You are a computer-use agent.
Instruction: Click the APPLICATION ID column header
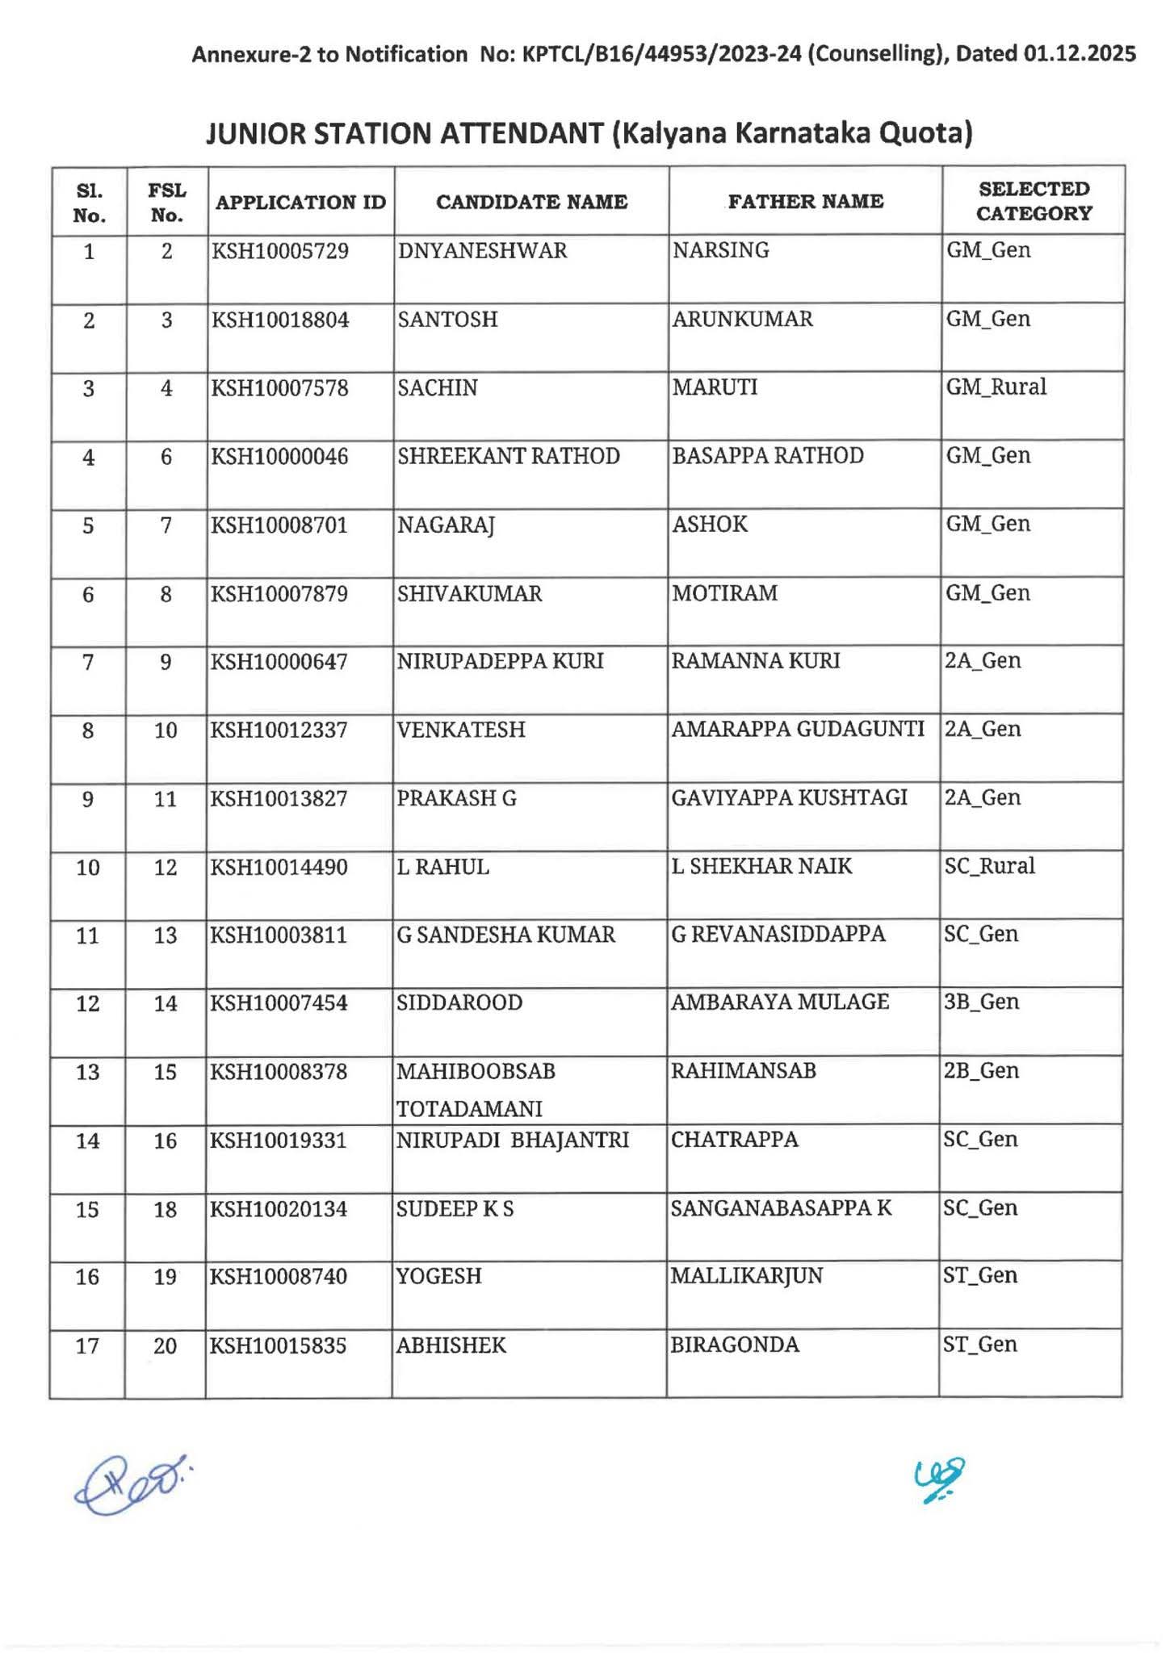[x=300, y=202]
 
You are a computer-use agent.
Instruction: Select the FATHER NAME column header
[x=805, y=202]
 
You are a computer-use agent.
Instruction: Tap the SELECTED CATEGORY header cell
[x=1034, y=201]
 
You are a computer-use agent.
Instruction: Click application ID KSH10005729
[x=280, y=251]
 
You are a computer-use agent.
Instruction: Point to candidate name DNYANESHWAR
[x=482, y=251]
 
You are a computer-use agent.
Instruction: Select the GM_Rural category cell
[x=996, y=387]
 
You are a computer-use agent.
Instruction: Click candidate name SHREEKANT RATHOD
[x=509, y=457]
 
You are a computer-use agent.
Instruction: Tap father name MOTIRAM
[x=725, y=593]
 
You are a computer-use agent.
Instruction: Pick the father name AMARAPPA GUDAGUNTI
[x=798, y=730]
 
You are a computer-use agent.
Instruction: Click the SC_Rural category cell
[x=990, y=866]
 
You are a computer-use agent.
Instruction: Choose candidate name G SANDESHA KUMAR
[x=506, y=935]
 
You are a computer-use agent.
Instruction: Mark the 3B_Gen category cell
[x=981, y=1002]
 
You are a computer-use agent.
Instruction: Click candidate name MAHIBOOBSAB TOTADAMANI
[x=476, y=1090]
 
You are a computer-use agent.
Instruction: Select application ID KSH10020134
[x=279, y=1209]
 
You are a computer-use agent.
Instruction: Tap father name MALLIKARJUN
[x=747, y=1276]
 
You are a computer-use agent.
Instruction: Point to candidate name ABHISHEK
[x=451, y=1345]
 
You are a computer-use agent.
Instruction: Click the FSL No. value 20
[x=165, y=1345]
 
